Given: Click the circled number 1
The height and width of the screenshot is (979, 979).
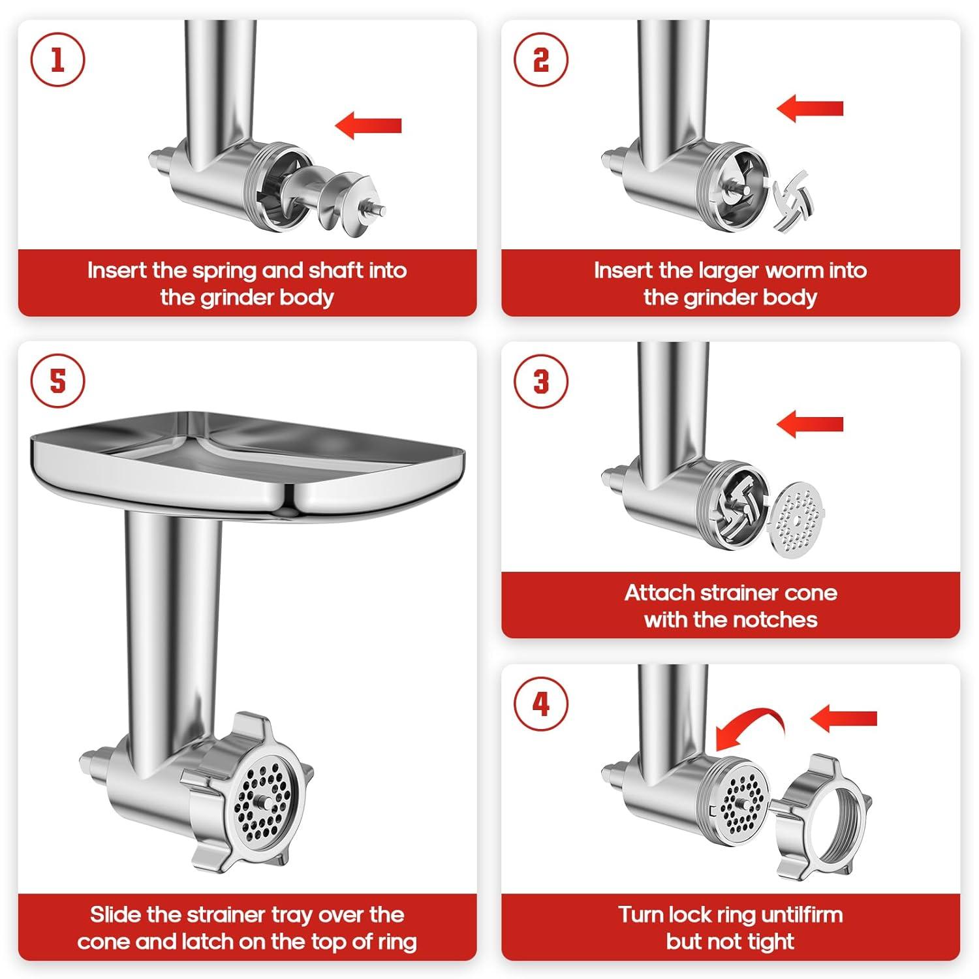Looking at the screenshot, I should pyautogui.click(x=57, y=60).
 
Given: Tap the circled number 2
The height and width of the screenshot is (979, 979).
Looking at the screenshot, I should pyautogui.click(x=541, y=60).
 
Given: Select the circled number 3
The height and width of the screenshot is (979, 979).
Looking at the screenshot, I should pyautogui.click(x=541, y=381).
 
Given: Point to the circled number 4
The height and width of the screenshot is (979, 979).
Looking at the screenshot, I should pyautogui.click(x=541, y=704).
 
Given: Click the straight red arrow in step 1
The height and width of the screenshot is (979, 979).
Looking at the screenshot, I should pyautogui.click(x=369, y=125).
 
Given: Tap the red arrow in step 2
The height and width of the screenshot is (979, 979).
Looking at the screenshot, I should pyautogui.click(x=810, y=108).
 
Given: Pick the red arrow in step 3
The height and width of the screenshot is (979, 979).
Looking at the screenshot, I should pyautogui.click(x=810, y=424).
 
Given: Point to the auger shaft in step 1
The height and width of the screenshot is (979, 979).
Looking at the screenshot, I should pyautogui.click(x=333, y=196).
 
